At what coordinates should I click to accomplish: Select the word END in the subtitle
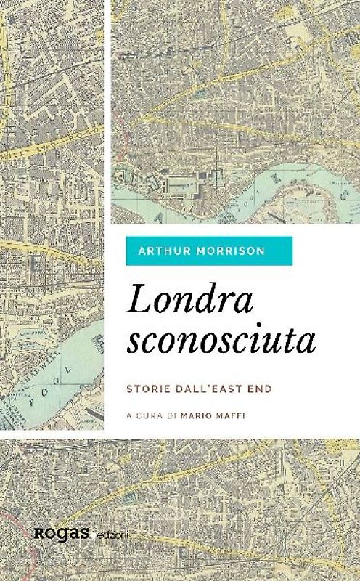click(x=258, y=389)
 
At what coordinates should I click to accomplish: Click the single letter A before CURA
click(x=128, y=417)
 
